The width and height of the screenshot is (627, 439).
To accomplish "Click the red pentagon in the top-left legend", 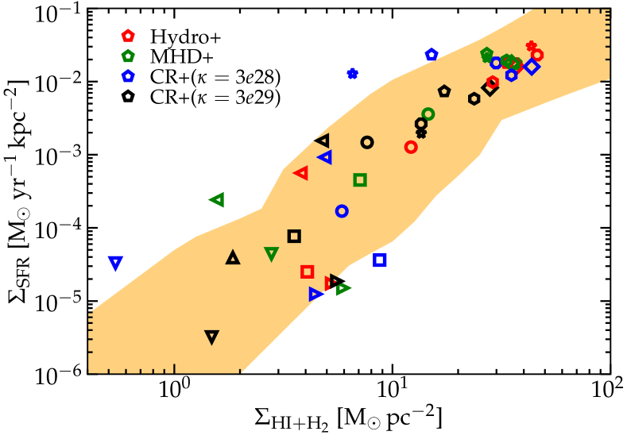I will [x=128, y=36].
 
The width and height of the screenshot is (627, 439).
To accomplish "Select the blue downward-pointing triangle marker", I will [x=115, y=262].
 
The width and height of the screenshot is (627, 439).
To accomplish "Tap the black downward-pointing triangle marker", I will [x=211, y=337].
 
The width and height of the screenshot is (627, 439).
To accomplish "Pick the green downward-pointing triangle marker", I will [x=271, y=253].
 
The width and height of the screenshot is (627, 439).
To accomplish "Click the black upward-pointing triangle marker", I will [x=233, y=257].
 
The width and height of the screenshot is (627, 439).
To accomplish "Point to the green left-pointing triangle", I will [x=217, y=199].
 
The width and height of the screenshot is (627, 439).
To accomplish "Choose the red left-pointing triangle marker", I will [x=301, y=172].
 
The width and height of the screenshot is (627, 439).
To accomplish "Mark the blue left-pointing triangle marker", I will [x=325, y=156].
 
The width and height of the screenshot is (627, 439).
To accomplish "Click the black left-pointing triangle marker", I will [x=323, y=141].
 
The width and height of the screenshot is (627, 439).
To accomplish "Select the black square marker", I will [x=294, y=236].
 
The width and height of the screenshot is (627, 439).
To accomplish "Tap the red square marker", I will [x=308, y=271].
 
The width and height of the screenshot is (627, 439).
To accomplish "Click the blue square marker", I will [x=380, y=260].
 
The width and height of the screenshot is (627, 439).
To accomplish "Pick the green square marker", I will [x=360, y=180].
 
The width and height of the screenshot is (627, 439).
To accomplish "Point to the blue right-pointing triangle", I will [x=315, y=294].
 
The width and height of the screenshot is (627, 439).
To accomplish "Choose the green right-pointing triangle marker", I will [x=343, y=288].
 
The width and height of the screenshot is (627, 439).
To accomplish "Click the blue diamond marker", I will [x=532, y=67].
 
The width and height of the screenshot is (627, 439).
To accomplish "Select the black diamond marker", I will [x=490, y=88].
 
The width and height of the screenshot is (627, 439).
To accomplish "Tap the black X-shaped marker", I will [x=421, y=133].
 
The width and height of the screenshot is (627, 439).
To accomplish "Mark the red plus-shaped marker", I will [x=531, y=46].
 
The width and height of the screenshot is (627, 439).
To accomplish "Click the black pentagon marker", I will [x=444, y=91].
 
